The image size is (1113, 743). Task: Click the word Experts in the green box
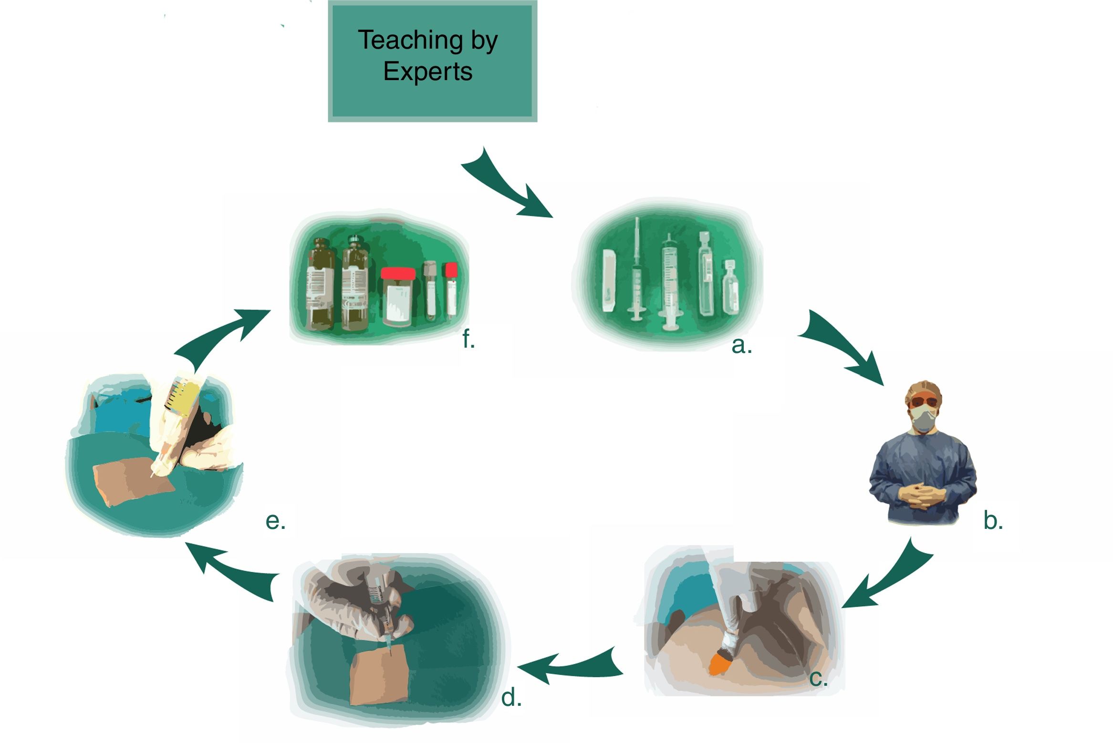(427, 72)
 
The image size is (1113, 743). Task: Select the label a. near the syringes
(741, 345)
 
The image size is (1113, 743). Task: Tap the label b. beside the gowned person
(993, 520)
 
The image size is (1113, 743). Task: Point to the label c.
(818, 678)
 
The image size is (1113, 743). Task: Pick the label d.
(511, 698)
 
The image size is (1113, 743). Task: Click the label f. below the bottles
(468, 340)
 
